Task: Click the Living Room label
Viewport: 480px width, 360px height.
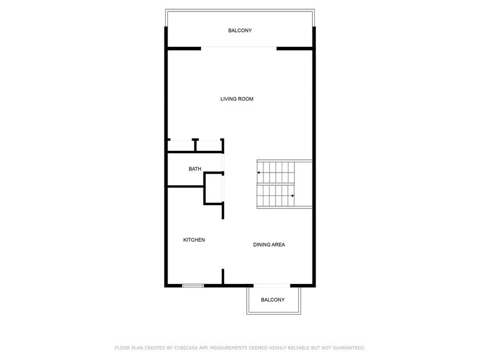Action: click(237, 99)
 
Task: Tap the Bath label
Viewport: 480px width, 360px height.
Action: click(195, 169)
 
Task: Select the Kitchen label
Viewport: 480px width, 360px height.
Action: click(194, 239)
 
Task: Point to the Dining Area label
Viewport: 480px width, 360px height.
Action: click(269, 245)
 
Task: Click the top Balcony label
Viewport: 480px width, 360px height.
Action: click(240, 30)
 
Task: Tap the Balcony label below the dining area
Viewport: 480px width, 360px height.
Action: click(273, 299)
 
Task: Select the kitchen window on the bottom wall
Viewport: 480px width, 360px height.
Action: click(193, 286)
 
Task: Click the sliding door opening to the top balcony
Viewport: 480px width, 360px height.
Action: click(239, 47)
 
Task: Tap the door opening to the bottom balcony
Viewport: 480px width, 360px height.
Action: click(272, 286)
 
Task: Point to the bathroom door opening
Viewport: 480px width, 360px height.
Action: click(223, 162)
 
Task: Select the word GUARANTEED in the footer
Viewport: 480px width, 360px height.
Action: click(349, 348)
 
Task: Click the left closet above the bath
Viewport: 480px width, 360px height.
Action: click(181, 146)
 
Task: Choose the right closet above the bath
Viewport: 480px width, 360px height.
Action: click(209, 146)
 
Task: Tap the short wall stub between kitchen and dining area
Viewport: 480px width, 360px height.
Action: click(223, 277)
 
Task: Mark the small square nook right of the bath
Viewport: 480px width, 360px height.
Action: click(214, 188)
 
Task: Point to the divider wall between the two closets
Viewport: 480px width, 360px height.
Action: click(195, 145)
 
